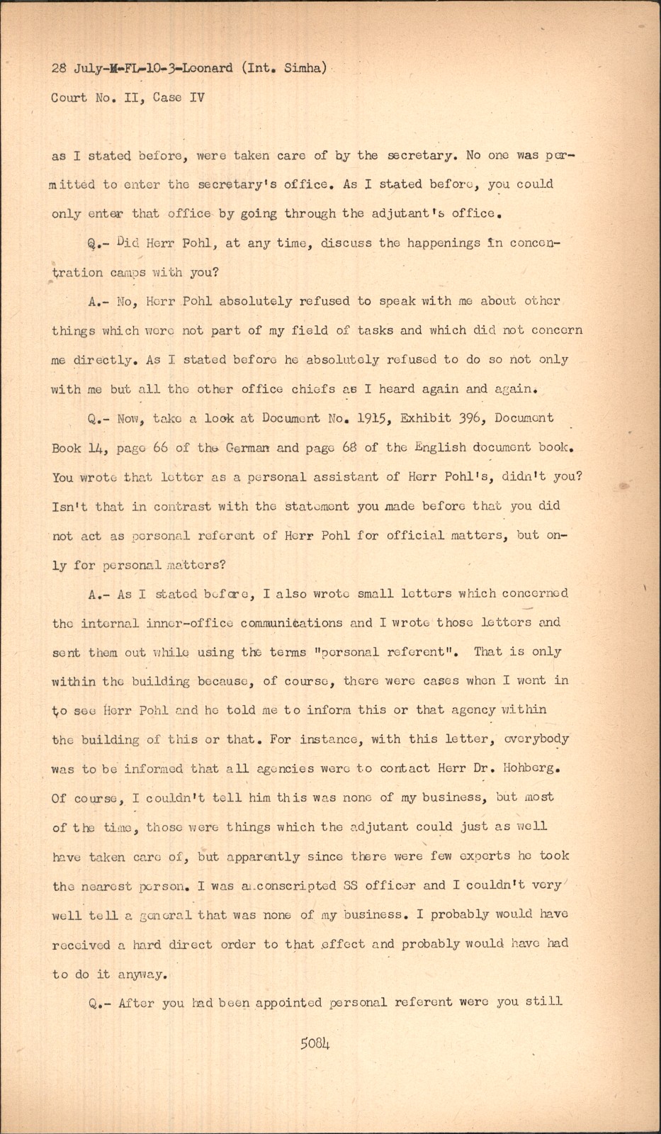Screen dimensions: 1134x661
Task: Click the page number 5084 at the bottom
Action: [315, 1043]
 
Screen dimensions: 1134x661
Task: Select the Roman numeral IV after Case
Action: [196, 98]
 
